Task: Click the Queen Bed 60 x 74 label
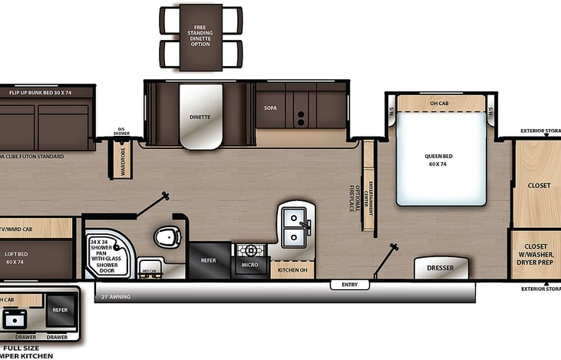click(438, 160)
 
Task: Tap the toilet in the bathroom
click(167, 237)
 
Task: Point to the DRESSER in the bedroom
click(440, 269)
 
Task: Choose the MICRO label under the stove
click(249, 266)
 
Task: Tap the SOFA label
click(270, 108)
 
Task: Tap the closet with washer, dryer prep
click(535, 254)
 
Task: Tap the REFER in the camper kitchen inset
click(61, 309)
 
